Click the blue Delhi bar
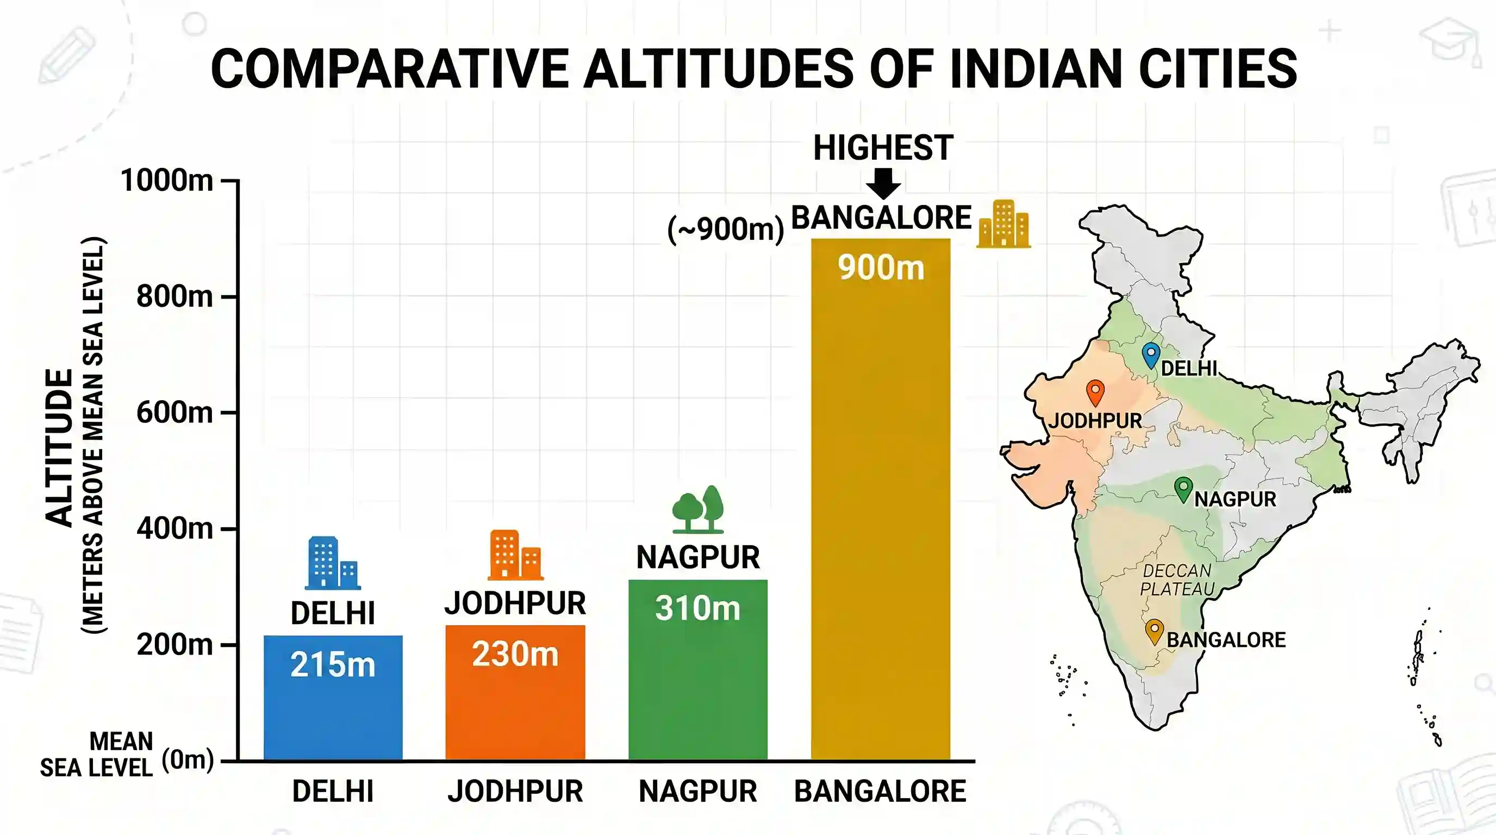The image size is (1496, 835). [x=333, y=697]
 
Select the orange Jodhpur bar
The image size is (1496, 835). [x=515, y=692]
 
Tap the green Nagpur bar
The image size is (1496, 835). [x=697, y=670]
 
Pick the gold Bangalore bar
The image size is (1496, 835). [x=881, y=500]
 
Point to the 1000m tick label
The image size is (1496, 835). [x=167, y=180]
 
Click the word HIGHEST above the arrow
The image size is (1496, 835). [x=883, y=147]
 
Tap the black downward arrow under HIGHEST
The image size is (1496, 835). [x=883, y=184]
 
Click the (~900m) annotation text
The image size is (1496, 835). [x=726, y=229]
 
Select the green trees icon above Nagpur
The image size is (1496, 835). [x=698, y=509]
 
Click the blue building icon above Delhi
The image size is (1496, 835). [x=333, y=563]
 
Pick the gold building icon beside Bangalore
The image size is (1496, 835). [x=1003, y=223]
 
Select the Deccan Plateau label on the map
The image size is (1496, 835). [x=1176, y=579]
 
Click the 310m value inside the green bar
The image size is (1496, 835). [x=697, y=608]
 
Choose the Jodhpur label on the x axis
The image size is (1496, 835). [x=515, y=792]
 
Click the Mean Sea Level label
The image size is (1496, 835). [x=96, y=755]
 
